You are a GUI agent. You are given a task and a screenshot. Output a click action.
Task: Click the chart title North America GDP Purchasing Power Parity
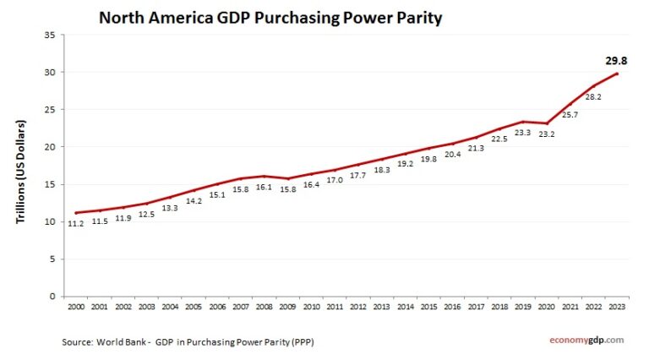point(270,17)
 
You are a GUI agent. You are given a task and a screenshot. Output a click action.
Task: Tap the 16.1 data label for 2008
point(265,188)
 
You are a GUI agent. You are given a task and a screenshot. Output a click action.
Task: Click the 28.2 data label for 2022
point(594,96)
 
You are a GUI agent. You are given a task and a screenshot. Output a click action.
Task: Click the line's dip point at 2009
point(289,178)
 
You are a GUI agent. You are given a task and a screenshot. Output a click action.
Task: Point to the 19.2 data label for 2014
point(406,164)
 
